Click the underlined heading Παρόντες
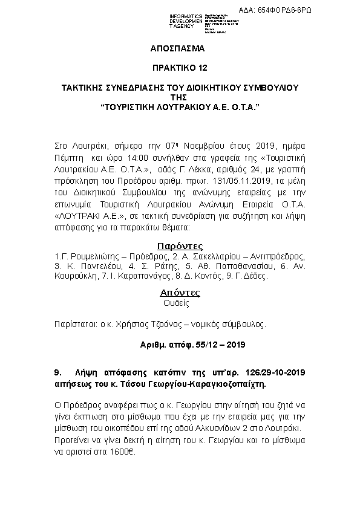click(180, 246)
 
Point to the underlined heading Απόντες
click(180, 293)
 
